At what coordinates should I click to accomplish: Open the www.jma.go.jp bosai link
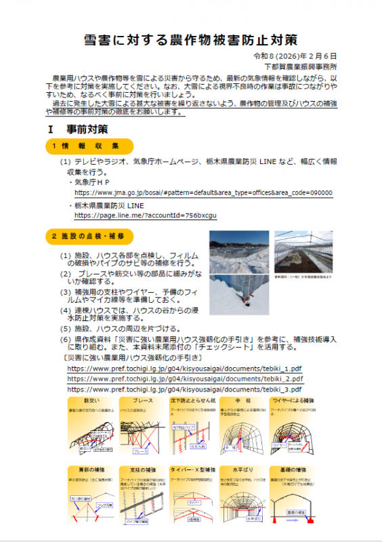click(203, 192)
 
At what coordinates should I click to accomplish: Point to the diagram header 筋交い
click(91, 401)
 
